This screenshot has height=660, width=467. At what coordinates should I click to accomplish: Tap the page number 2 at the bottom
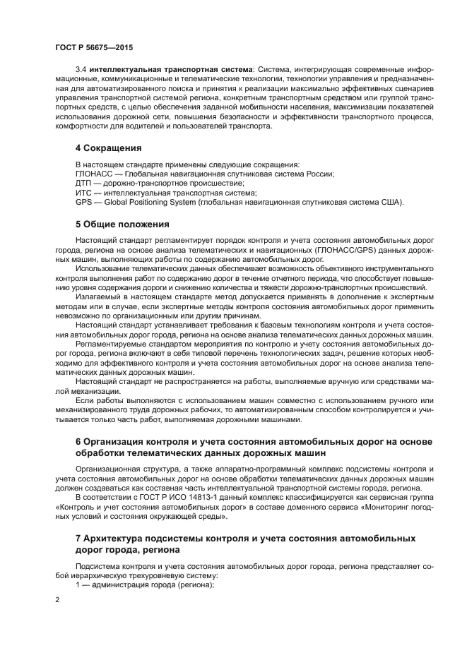point(57,599)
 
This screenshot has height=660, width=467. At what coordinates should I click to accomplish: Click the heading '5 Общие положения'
point(122,224)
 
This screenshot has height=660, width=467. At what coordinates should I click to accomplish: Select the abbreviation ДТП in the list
point(83,182)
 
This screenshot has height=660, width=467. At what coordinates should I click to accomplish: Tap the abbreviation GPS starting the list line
point(83,202)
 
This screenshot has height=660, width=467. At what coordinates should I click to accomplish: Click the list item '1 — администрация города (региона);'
point(145,585)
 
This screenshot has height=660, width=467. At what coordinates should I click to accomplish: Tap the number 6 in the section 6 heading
point(78,441)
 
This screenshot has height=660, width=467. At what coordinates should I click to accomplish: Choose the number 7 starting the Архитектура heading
point(78,538)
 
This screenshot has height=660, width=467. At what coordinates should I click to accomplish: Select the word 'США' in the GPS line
point(392,202)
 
